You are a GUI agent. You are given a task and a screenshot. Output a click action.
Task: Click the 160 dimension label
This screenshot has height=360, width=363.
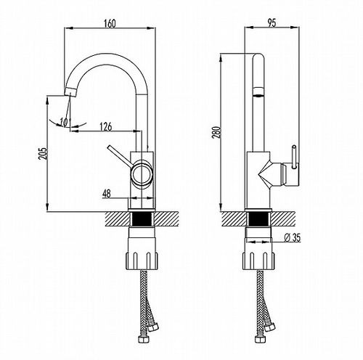110,23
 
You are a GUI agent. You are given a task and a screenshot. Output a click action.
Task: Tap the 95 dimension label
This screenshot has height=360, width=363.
272,23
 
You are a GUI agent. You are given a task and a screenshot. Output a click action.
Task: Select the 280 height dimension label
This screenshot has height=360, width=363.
217,132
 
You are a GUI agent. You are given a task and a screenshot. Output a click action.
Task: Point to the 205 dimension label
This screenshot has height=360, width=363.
43,153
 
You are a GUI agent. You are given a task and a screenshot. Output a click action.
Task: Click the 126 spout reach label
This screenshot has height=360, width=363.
106,126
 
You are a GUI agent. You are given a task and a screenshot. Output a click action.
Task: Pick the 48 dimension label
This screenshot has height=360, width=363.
107,194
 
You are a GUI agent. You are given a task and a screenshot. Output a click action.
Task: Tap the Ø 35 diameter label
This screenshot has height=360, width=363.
293,237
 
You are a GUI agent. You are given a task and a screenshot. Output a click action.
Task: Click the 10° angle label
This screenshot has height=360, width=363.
65,123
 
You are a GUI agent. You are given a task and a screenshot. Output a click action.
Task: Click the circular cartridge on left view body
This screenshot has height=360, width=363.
142,173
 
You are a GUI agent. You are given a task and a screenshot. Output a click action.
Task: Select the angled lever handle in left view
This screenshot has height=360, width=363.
120,156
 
